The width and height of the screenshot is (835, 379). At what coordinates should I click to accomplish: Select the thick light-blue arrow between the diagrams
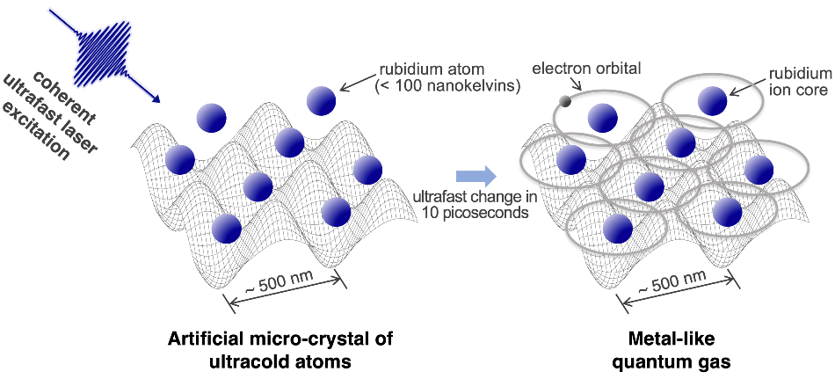[x=476, y=176]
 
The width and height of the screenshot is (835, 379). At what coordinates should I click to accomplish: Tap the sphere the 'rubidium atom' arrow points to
[x=321, y=101]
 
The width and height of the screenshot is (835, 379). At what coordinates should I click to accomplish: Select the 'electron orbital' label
[x=586, y=69]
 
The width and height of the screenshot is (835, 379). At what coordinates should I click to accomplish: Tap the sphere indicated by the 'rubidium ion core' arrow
[x=713, y=101]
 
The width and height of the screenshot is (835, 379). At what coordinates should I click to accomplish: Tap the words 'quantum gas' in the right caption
[x=671, y=362]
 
